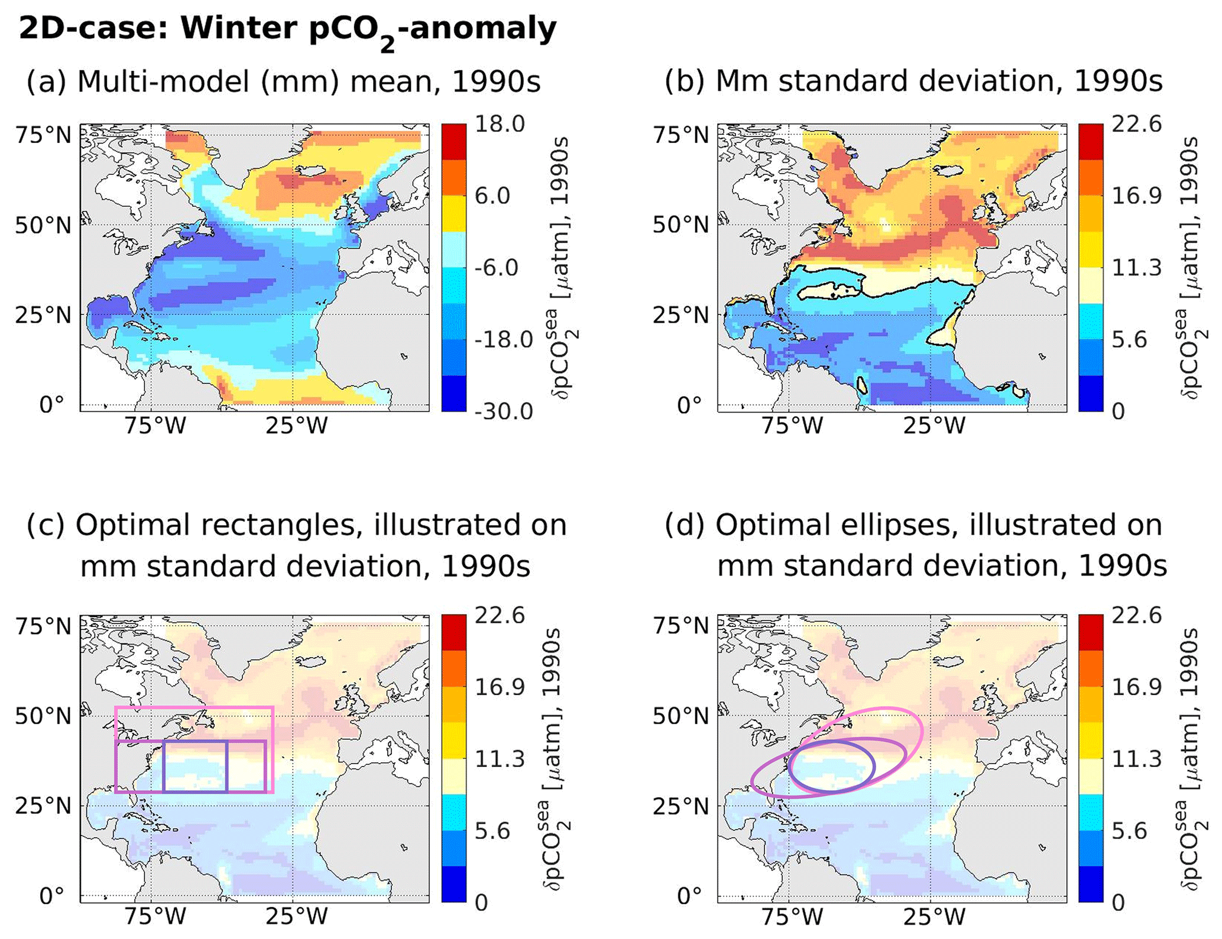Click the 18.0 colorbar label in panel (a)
500,125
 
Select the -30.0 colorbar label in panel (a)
503,411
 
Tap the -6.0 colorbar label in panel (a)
496,268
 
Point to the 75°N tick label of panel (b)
680,135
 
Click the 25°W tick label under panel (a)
296,425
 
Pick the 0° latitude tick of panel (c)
51,896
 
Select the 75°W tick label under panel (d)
792,917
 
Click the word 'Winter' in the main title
239,28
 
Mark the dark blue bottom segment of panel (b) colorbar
1091,394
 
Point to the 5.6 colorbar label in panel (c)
492,831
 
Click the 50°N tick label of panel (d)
680,716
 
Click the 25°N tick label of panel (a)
43,316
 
